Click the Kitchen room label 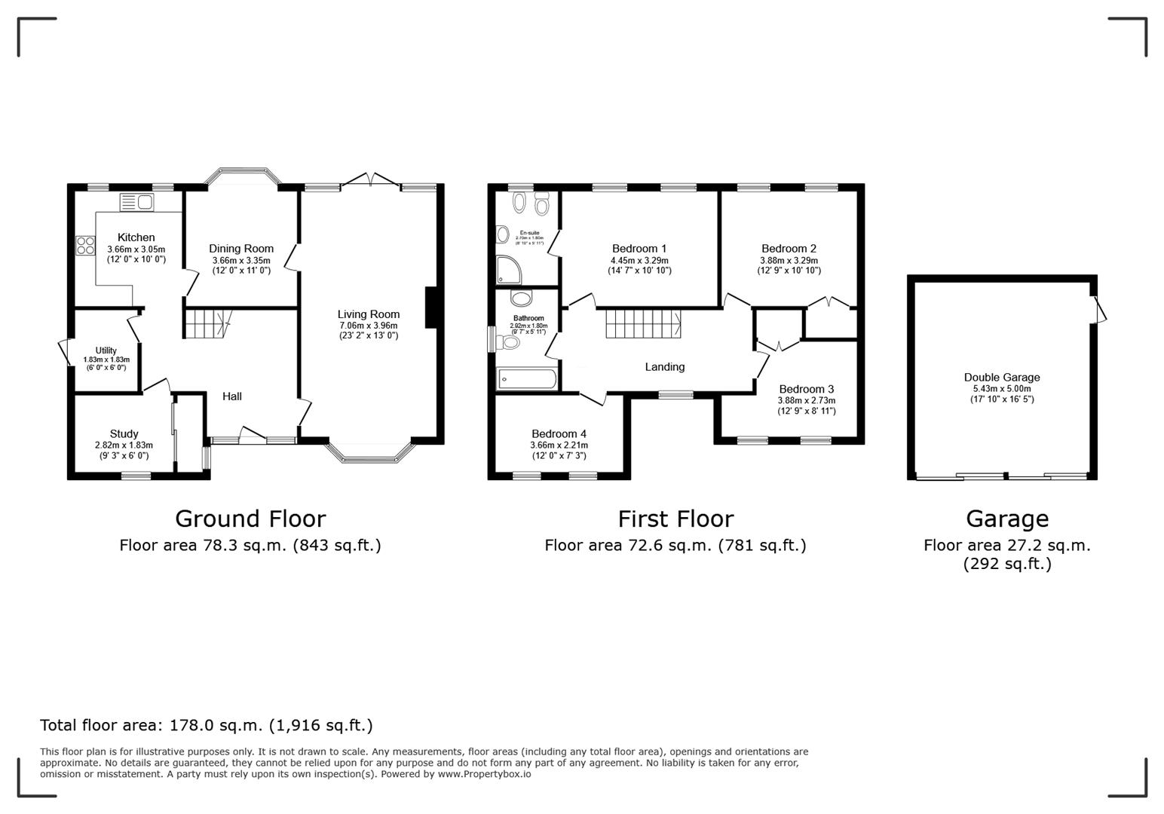[136, 237]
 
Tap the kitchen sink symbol [136, 201]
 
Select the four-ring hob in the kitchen [85, 246]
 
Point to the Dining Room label [241, 249]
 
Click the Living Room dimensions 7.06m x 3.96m [368, 326]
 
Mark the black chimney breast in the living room [431, 307]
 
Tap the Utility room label [106, 350]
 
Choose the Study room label [124, 434]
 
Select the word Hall [232, 396]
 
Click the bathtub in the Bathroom [526, 379]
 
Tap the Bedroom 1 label [639, 249]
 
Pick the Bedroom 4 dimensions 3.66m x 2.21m [559, 445]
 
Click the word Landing [664, 367]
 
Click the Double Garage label [1001, 378]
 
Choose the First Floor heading [675, 519]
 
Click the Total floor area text [206, 725]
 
